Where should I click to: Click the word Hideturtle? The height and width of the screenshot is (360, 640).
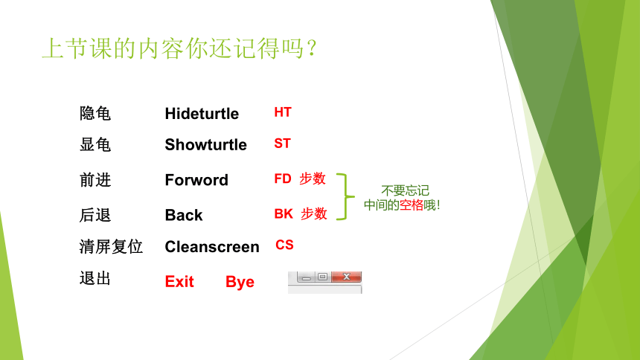click(202, 114)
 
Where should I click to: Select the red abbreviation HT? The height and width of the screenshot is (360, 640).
click(283, 112)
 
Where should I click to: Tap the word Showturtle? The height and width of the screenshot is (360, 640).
click(205, 144)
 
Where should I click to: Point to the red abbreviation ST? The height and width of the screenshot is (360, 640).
click(282, 144)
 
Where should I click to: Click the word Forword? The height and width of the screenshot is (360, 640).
click(196, 180)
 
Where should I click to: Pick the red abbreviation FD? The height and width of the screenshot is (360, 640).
click(283, 179)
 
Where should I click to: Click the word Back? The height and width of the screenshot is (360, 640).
click(184, 215)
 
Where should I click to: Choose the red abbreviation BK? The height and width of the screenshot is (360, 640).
click(284, 214)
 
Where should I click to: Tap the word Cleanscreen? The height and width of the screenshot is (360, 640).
click(212, 246)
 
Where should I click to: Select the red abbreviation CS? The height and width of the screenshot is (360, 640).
click(284, 245)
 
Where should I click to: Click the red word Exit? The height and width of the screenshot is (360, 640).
click(179, 282)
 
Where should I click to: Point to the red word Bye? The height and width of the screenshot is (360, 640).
click(240, 283)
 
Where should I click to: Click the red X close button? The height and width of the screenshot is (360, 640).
click(347, 277)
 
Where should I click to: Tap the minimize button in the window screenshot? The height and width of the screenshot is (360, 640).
click(306, 277)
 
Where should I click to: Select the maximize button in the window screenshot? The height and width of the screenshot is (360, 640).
click(322, 277)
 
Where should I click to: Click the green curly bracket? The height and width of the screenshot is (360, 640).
click(346, 196)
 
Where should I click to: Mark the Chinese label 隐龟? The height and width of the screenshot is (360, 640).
click(95, 113)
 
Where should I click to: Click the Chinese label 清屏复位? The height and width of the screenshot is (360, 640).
click(111, 246)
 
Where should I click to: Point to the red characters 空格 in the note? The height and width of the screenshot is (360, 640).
click(411, 205)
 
